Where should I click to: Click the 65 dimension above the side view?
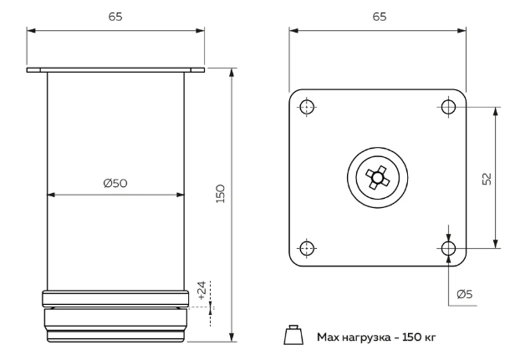115,17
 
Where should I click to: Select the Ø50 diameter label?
115,184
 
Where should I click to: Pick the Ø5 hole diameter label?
466,293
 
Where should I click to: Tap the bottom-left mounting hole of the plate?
307,248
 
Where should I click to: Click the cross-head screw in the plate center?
378,177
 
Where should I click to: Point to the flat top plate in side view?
115,70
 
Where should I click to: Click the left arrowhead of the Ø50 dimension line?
50,195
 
